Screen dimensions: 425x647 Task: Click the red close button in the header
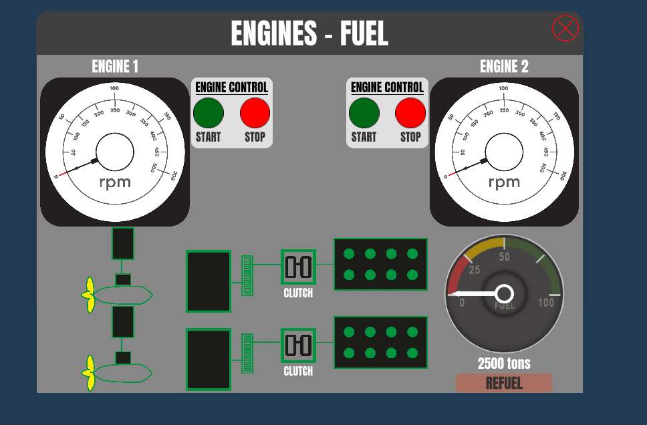click(565, 28)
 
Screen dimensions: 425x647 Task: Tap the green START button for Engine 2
click(364, 113)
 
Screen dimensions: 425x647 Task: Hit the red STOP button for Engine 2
click(410, 113)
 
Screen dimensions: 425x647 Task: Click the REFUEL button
click(504, 383)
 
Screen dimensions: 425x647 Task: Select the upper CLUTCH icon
click(298, 267)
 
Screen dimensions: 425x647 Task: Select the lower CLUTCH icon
click(298, 345)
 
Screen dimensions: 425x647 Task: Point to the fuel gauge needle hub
click(505, 293)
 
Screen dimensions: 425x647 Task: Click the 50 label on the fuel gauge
click(505, 257)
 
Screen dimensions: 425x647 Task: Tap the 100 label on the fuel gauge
click(546, 303)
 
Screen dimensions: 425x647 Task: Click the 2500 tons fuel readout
click(504, 364)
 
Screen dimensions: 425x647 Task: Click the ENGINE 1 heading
click(115, 66)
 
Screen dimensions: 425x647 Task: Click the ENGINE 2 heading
click(504, 66)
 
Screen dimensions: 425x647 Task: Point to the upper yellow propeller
click(89, 295)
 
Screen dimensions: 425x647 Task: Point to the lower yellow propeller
click(89, 373)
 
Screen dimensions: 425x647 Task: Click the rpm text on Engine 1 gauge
click(115, 182)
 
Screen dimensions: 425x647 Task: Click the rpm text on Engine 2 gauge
click(504, 182)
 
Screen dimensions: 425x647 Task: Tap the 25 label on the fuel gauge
click(475, 270)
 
